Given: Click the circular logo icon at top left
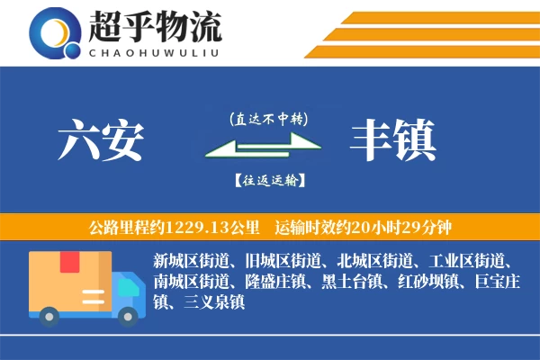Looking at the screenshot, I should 56,34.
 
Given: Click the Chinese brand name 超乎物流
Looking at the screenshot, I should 155,27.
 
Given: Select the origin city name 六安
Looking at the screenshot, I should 101,139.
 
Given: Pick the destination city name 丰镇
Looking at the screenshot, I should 393,139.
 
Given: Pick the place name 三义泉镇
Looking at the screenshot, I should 214,302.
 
